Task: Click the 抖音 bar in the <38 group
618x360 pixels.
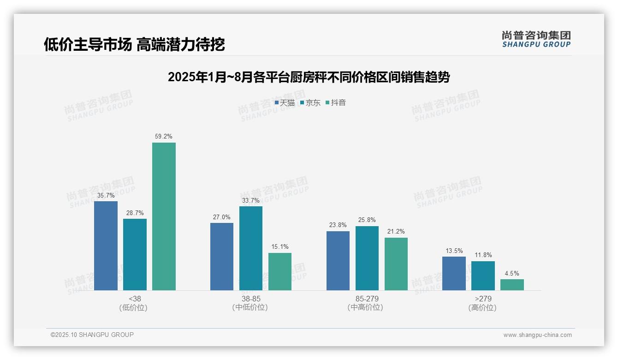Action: (x=164, y=216)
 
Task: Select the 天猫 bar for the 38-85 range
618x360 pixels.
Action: (x=222, y=257)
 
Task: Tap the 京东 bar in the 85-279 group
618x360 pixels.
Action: (x=367, y=258)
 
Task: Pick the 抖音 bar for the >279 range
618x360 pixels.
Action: (x=512, y=285)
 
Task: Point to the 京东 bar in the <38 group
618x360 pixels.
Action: (x=135, y=254)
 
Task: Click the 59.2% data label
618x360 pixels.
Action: (x=164, y=137)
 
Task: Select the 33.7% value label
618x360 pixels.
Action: (x=251, y=200)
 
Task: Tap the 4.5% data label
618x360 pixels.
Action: (x=512, y=273)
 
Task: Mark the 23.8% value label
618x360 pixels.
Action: (x=338, y=225)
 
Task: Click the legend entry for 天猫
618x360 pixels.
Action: (x=285, y=103)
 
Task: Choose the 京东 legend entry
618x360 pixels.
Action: (x=310, y=103)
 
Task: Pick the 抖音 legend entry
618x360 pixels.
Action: (x=336, y=103)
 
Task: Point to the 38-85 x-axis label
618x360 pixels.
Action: (x=250, y=299)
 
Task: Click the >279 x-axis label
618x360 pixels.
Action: (x=483, y=299)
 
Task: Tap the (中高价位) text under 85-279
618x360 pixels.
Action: (x=367, y=307)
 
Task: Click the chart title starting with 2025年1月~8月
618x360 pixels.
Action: (x=309, y=77)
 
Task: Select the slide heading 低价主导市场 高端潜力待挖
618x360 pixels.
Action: (x=134, y=44)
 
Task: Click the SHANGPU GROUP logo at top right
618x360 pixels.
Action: (x=536, y=39)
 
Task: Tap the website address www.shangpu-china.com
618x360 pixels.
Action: (x=537, y=335)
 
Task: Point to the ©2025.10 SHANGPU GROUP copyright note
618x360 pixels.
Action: (x=92, y=335)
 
